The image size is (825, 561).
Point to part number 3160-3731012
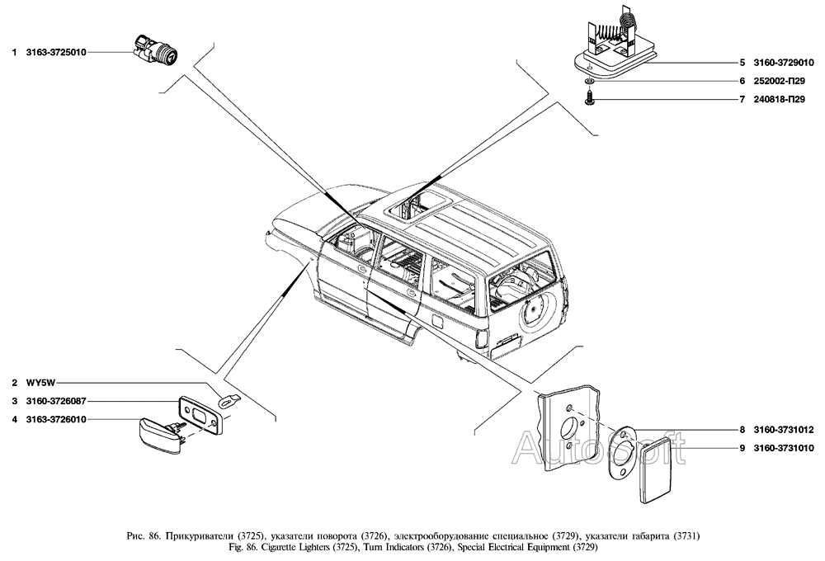tap(781, 430)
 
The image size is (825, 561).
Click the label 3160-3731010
tap(781, 448)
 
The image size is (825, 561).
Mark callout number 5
tap(742, 63)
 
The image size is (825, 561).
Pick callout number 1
tap(14, 52)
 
